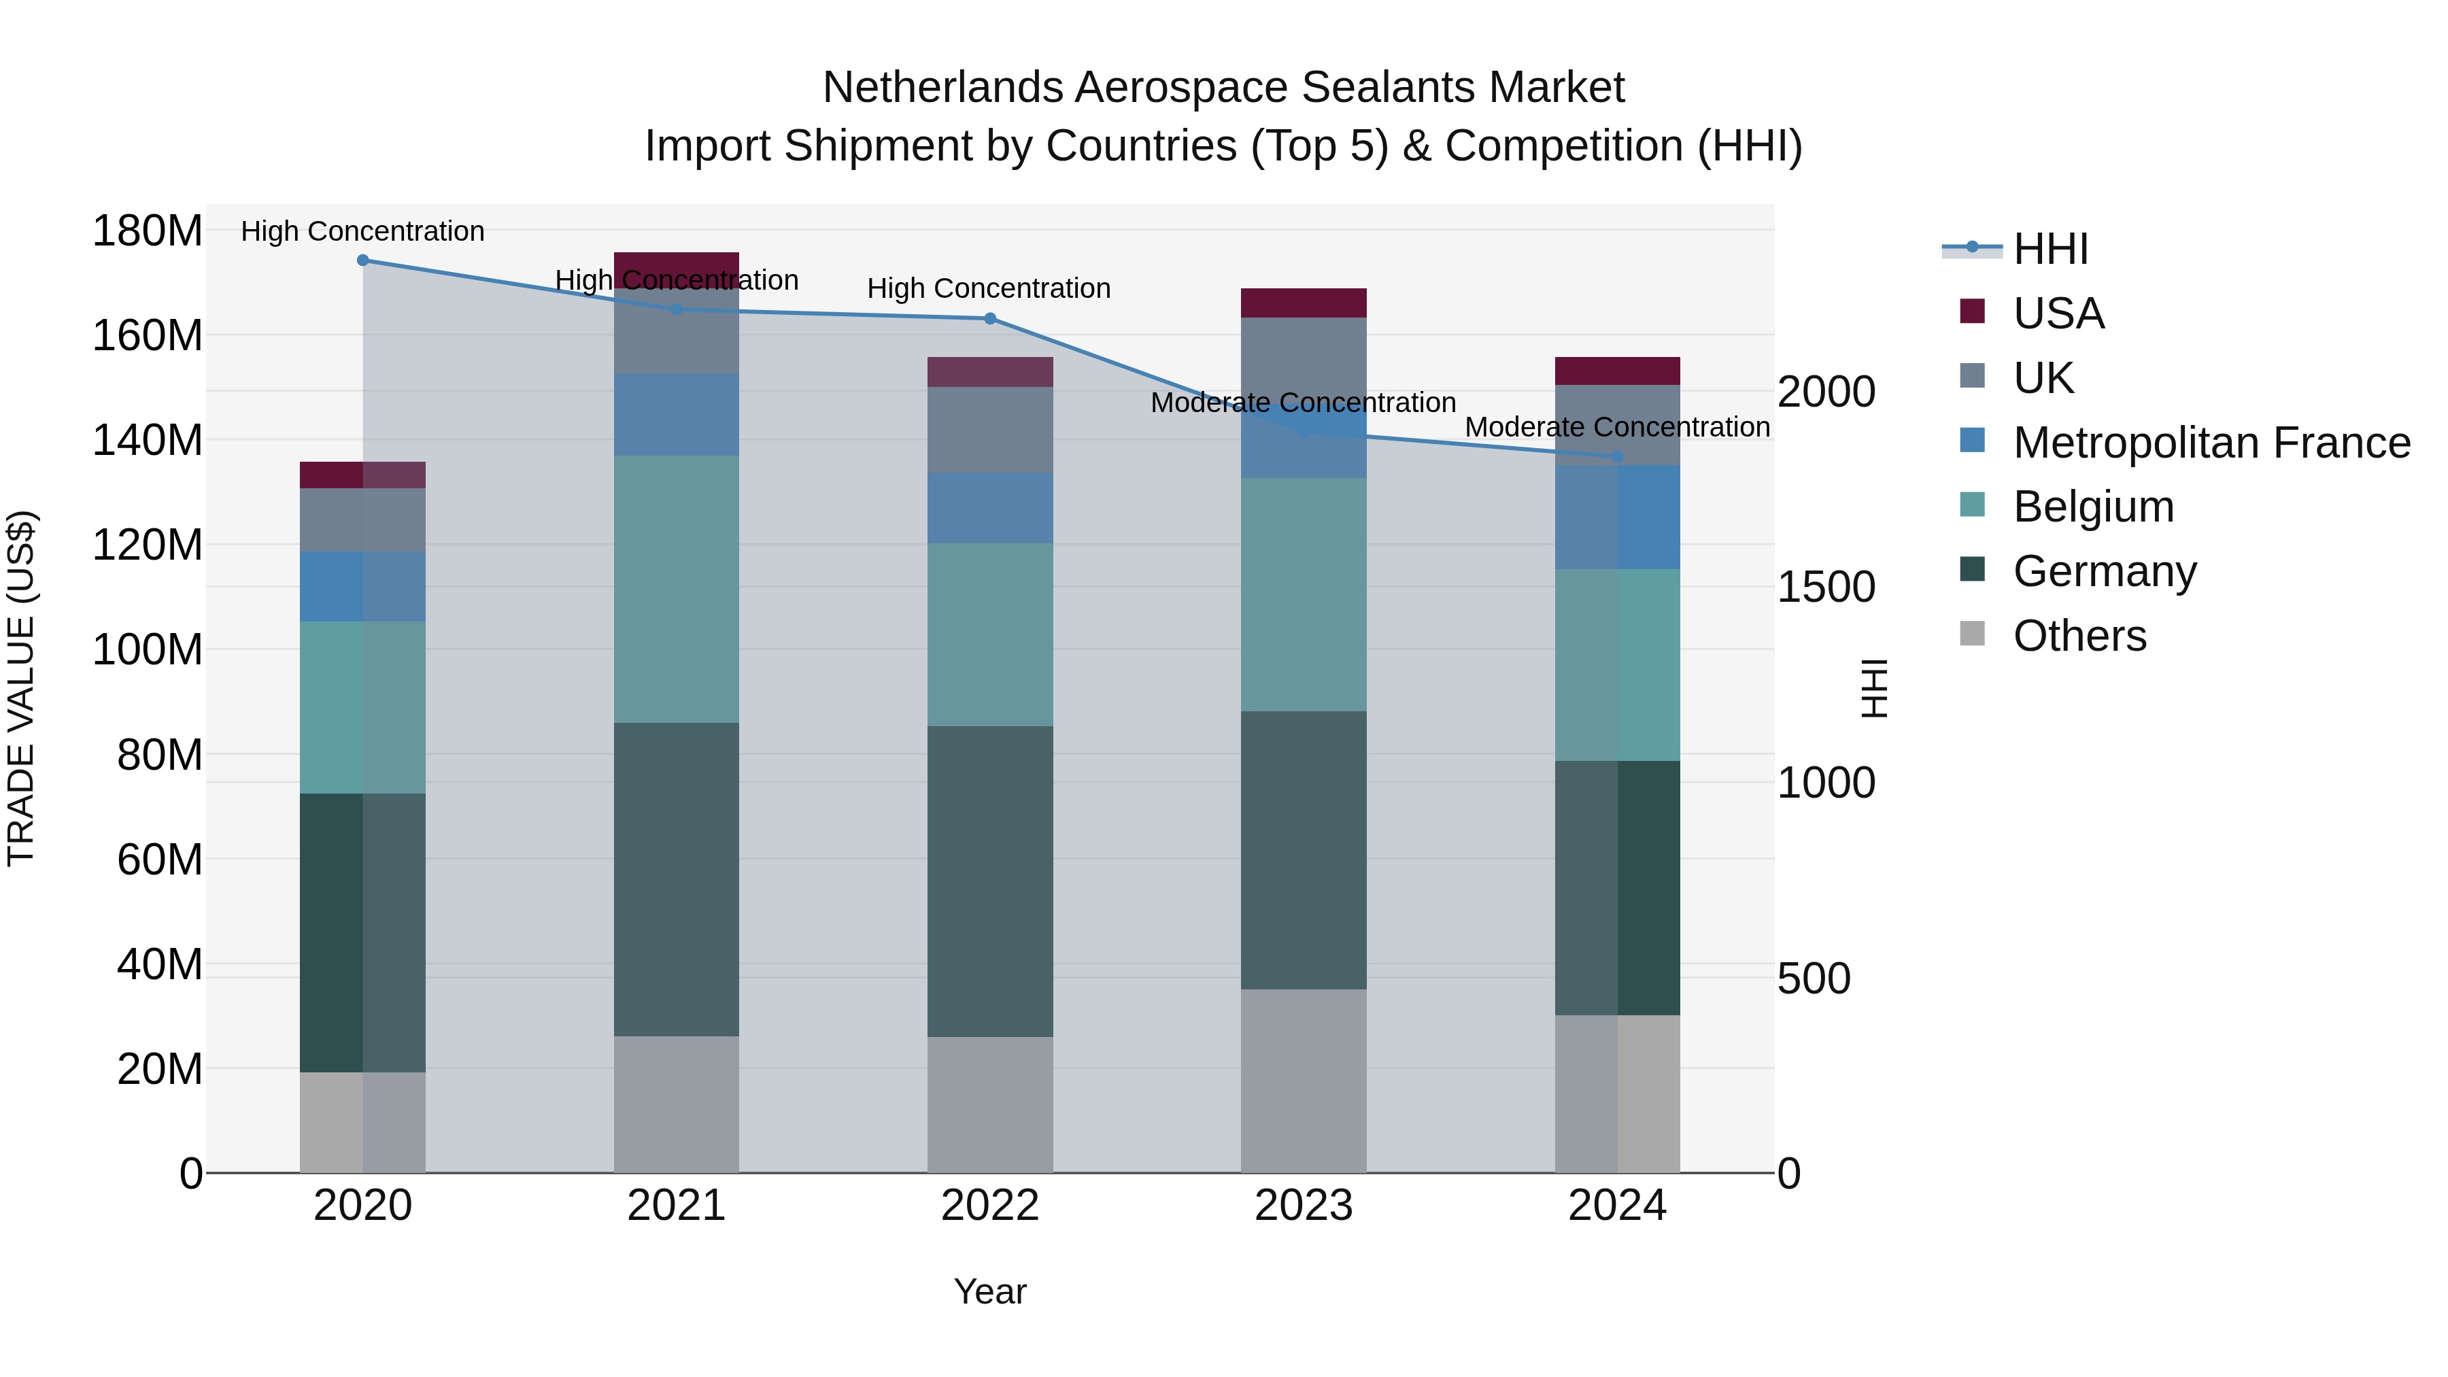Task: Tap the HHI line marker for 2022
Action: (x=989, y=318)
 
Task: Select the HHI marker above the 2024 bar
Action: (x=1618, y=457)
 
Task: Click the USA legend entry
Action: (x=2058, y=313)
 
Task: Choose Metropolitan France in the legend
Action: (x=2211, y=443)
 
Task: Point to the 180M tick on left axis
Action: (x=148, y=231)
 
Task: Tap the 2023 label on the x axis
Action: (x=1303, y=1205)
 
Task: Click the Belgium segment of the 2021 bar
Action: (x=676, y=589)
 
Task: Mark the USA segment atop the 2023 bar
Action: (x=1303, y=302)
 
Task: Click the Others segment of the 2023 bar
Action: (x=1303, y=1081)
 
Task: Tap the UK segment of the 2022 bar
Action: (x=989, y=430)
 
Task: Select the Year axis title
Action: (x=989, y=1291)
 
